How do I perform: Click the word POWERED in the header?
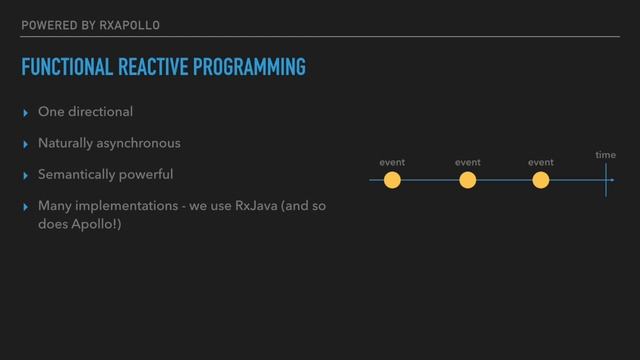(47, 24)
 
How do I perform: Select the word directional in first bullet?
(98, 110)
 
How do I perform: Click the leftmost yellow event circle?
(393, 180)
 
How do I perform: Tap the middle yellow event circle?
(467, 180)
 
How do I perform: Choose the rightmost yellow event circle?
(541, 180)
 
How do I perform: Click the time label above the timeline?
(606, 155)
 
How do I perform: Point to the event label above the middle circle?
(467, 161)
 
